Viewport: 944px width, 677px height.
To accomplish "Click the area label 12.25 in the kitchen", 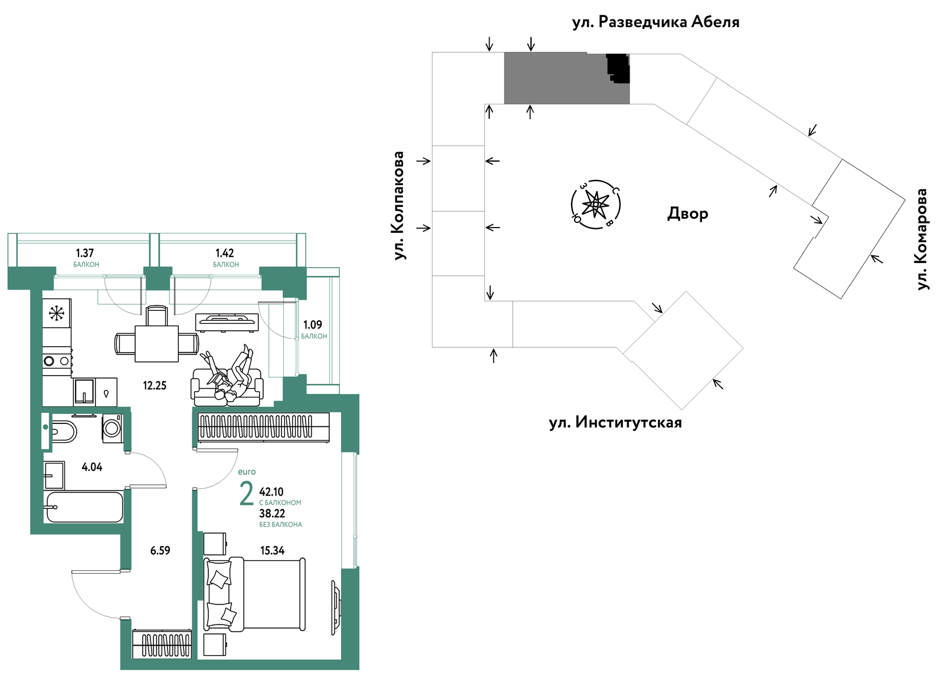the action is click(x=155, y=386).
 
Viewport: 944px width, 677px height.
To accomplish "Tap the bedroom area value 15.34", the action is click(x=272, y=551).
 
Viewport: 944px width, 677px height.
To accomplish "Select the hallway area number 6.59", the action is click(x=160, y=551).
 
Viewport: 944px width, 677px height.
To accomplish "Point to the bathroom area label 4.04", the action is click(x=92, y=467).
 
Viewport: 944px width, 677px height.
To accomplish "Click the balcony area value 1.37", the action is click(x=85, y=253).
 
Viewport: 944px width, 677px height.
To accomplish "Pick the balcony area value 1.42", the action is click(x=225, y=253).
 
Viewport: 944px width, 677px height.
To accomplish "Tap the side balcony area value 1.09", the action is click(x=313, y=325).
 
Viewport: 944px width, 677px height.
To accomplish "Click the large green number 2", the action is click(x=247, y=494).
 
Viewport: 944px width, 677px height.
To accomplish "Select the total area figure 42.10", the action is click(x=271, y=492).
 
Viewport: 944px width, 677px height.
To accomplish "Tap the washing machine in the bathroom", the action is click(x=112, y=428).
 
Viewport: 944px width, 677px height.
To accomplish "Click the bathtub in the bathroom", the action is click(x=85, y=507).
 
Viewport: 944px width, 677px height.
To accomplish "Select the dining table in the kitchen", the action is click(x=156, y=344).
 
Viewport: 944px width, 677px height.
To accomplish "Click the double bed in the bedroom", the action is click(x=254, y=594).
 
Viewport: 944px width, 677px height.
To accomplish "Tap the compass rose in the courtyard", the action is click(x=595, y=205).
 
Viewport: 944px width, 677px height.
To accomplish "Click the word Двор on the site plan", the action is click(x=687, y=214).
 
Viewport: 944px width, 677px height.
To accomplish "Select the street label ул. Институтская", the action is click(x=615, y=423).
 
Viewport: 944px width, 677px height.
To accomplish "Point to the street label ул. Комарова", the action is click(x=923, y=239).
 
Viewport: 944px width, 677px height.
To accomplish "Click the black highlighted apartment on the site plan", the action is click(x=618, y=68).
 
